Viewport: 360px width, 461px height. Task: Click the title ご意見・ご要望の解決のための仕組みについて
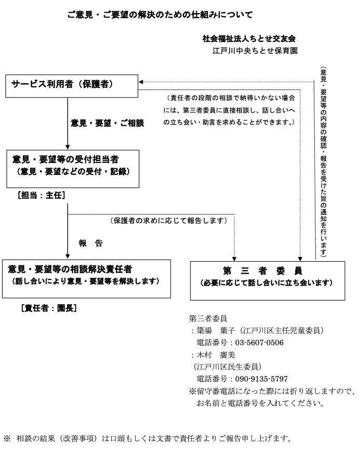click(x=160, y=15)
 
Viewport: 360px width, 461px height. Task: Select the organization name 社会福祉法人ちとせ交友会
click(x=249, y=38)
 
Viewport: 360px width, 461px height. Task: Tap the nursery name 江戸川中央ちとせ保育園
click(x=255, y=51)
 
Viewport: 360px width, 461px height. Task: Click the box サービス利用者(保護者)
click(x=72, y=86)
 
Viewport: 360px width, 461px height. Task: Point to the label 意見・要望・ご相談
click(x=107, y=123)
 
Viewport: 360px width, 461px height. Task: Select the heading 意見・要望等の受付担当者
click(x=65, y=159)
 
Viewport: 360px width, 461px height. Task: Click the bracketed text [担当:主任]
click(x=41, y=195)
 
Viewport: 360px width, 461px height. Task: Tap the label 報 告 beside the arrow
click(x=90, y=243)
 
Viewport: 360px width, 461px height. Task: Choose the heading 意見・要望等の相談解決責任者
click(x=70, y=269)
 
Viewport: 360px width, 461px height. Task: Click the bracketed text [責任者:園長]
click(x=49, y=308)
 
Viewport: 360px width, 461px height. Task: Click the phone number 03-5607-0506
click(x=259, y=343)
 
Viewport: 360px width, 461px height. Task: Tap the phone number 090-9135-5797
click(x=261, y=379)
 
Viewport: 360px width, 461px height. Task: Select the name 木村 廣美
click(x=216, y=355)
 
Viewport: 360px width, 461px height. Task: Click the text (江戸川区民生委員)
click(x=227, y=367)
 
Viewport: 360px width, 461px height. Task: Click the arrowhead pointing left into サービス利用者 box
click(x=141, y=82)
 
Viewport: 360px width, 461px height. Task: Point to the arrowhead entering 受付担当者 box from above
click(x=67, y=147)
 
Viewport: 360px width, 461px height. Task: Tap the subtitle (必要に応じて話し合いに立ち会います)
click(x=267, y=283)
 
